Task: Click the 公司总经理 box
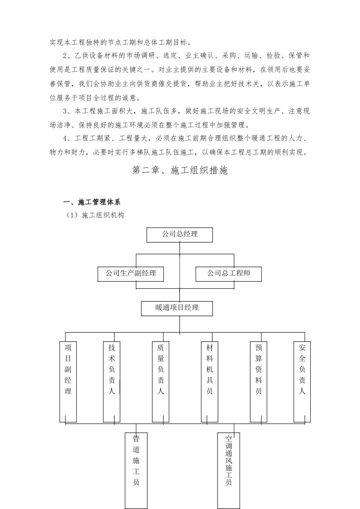180,235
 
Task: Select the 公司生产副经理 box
131,273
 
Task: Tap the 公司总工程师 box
229,273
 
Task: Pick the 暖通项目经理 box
177,308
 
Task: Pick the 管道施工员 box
136,470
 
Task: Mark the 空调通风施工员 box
229,470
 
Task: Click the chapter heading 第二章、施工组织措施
180,170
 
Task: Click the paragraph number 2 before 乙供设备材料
65,56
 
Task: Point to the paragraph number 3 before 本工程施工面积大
65,111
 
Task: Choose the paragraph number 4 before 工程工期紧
65,139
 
